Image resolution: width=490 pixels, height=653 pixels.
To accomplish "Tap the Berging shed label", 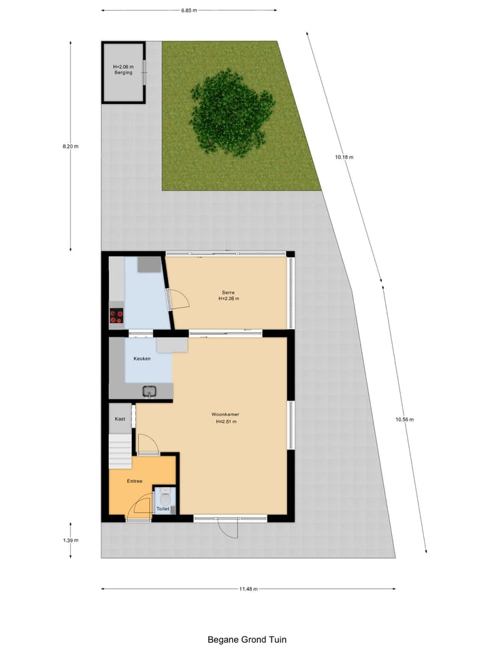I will click(x=123, y=73).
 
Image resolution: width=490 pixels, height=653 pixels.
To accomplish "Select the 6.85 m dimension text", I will click(x=189, y=10).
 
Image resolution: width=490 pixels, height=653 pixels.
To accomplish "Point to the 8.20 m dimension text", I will click(x=70, y=146).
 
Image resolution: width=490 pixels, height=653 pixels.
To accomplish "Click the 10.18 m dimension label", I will click(x=344, y=157).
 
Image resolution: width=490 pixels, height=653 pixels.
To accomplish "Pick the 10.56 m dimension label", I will click(x=404, y=420).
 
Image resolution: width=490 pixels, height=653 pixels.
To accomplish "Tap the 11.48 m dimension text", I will click(x=248, y=589).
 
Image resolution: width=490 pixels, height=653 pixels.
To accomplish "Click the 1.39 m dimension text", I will click(x=70, y=541).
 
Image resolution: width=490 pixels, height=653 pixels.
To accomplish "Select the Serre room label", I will click(x=228, y=292).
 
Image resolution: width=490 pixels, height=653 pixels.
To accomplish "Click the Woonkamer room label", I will click(x=225, y=414).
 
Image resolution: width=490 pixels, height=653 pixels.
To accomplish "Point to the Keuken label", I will click(x=142, y=358).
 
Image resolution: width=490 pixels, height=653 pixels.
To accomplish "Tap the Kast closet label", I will click(x=120, y=419).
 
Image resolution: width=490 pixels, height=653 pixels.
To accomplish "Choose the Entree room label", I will click(x=135, y=481).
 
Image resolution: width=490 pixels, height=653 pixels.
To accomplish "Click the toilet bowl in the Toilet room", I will click(x=163, y=497).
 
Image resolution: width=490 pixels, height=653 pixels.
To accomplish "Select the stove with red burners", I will click(x=116, y=316).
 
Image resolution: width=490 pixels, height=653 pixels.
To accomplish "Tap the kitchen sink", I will click(x=150, y=390).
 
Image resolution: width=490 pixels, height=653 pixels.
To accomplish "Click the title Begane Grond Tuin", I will click(x=247, y=639).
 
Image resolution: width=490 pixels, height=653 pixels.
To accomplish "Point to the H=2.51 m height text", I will click(x=225, y=422).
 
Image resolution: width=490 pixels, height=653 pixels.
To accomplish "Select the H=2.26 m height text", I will click(x=229, y=299).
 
